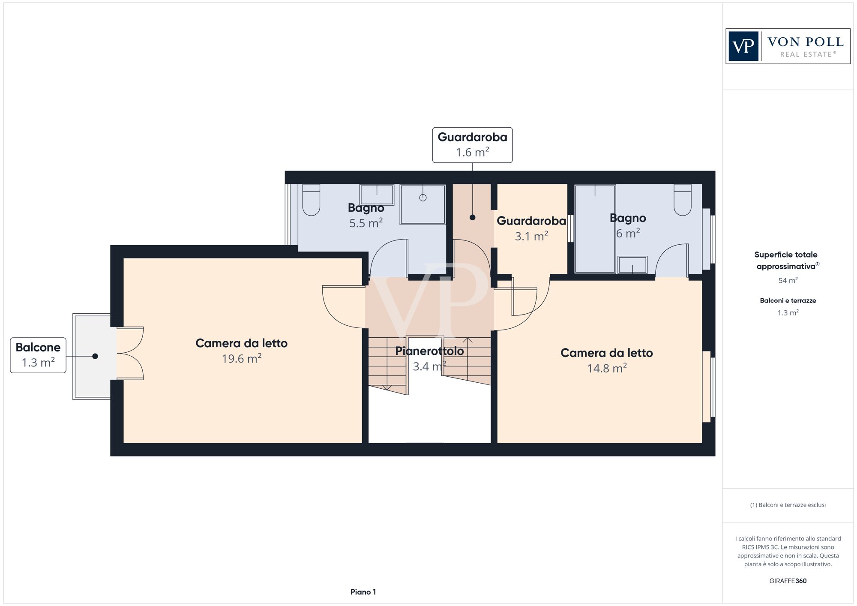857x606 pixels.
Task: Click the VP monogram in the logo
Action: pos(743,46)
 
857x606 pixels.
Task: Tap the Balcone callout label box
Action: pos(38,355)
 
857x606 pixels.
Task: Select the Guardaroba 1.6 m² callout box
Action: pos(472,145)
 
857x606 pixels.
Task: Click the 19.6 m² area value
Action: pos(242,358)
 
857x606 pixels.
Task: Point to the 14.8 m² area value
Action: pos(607,368)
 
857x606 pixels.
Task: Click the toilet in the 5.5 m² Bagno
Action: pos(312,200)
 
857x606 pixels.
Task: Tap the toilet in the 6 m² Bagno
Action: pos(683,200)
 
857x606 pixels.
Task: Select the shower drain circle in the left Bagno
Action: pos(423,198)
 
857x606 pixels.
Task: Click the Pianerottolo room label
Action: pos(429,351)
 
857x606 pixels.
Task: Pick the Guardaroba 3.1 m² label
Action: pos(531,228)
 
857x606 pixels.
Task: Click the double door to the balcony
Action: pos(130,354)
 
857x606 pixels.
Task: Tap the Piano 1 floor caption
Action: pos(363,592)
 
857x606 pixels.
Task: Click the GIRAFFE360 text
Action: pos(788,581)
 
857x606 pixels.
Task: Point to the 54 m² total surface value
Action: pos(788,281)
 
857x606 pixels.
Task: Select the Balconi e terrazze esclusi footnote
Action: pos(788,505)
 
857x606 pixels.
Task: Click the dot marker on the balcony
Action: pos(95,356)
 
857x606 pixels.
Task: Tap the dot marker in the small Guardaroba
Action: pos(472,217)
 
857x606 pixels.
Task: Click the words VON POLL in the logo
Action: pos(806,42)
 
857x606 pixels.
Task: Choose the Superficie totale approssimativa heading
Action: pos(787,260)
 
